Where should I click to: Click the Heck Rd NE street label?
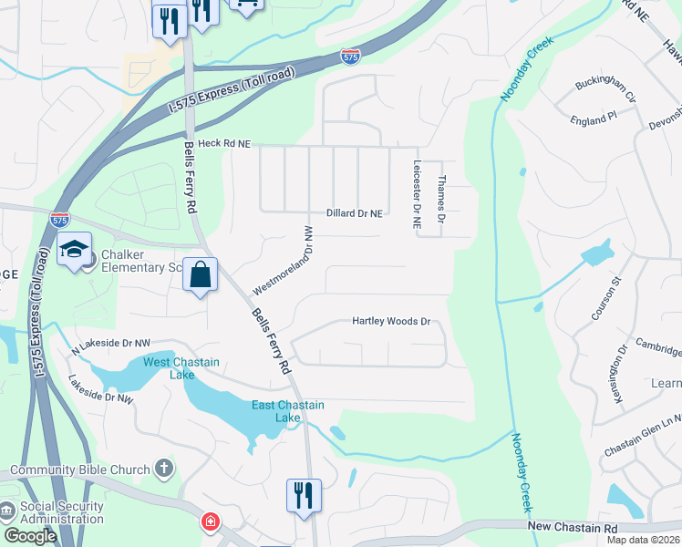click(223, 144)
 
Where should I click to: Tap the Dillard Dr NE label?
click(354, 212)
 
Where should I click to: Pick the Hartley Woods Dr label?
click(391, 321)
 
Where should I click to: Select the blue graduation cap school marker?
click(73, 249)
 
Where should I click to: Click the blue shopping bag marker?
click(200, 273)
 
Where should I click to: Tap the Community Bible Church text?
click(80, 470)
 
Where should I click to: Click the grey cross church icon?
click(163, 470)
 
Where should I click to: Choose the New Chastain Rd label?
click(573, 528)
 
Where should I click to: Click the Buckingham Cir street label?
click(604, 88)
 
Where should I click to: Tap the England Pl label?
click(594, 119)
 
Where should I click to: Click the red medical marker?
click(211, 522)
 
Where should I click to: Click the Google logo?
click(30, 535)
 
